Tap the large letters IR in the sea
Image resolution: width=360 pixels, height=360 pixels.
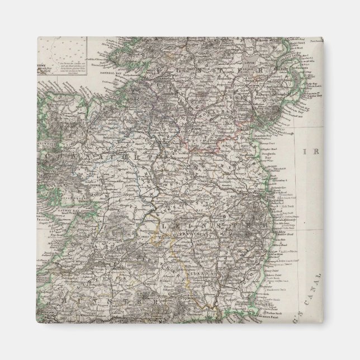tap(309, 151)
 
